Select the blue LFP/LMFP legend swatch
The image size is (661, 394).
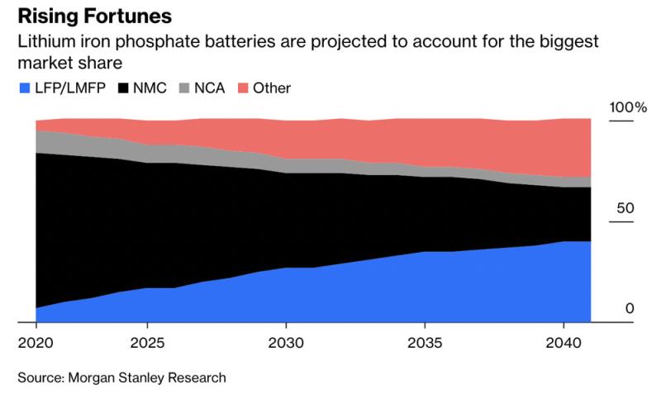21,87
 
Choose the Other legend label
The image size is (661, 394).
273,87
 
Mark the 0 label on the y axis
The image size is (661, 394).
629,309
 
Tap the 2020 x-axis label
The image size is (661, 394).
34,342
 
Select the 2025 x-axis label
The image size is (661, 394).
146,342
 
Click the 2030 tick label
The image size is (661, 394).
285,342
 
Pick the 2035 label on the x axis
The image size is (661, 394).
424,342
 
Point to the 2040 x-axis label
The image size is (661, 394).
563,342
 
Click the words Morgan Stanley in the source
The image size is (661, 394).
117,377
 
